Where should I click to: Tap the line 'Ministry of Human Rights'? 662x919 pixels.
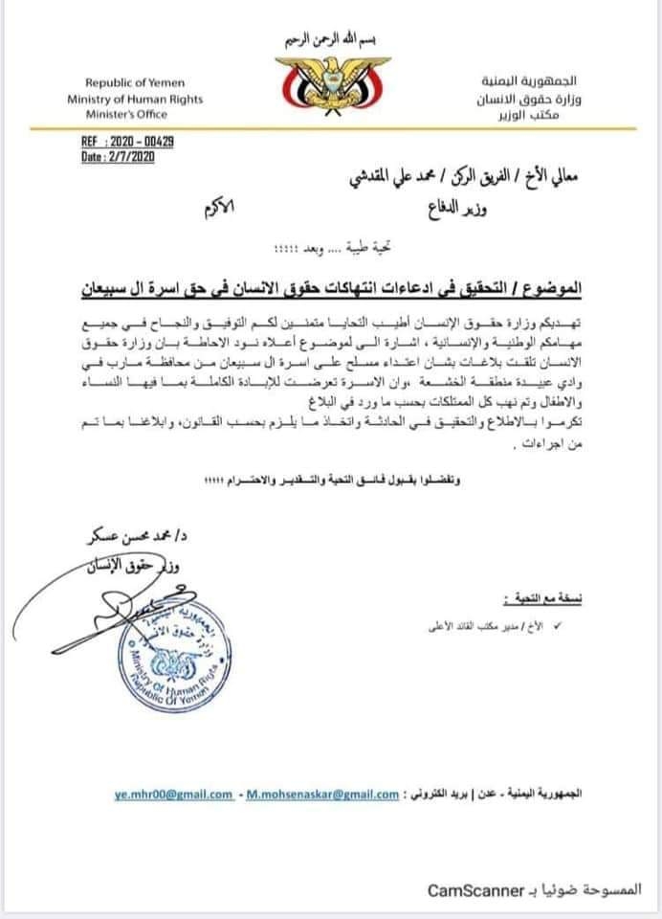pyautogui.click(x=135, y=99)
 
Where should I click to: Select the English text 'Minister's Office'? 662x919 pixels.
pyautogui.click(x=134, y=113)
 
